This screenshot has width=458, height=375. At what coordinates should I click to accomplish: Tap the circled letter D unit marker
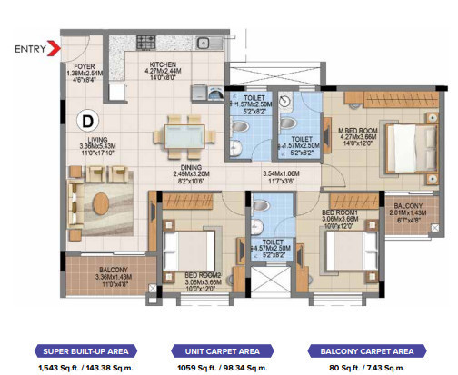pos(89,118)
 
